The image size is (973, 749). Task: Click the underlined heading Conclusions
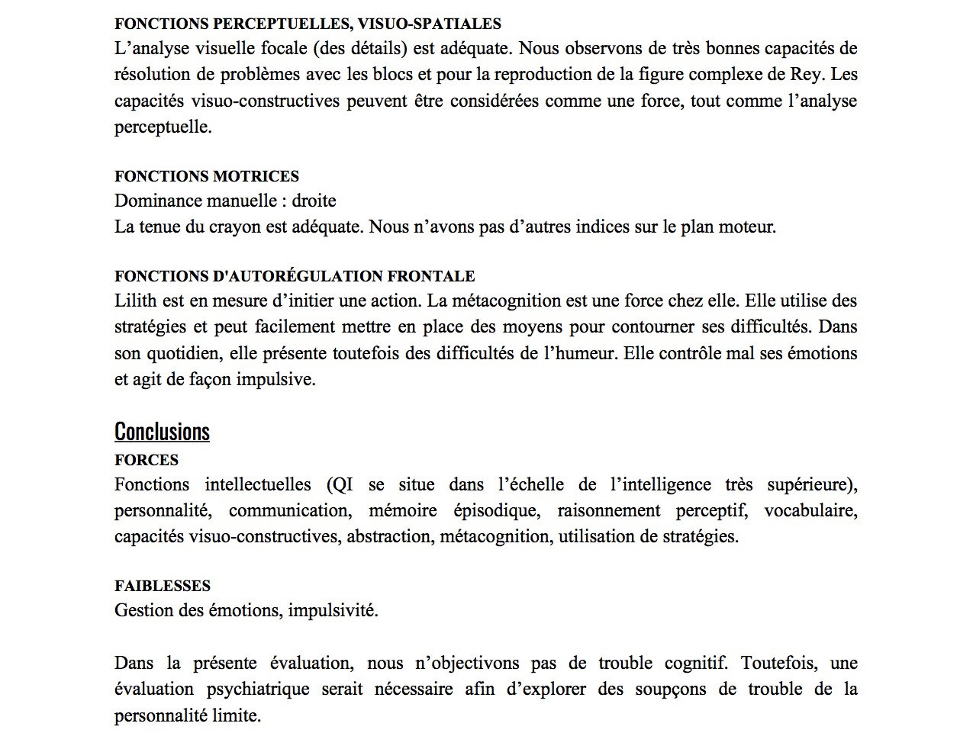pyautogui.click(x=162, y=432)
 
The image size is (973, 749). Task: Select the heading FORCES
pyautogui.click(x=147, y=460)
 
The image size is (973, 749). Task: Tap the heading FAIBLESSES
pyautogui.click(x=163, y=586)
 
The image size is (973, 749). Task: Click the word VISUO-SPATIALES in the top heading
pyautogui.click(x=430, y=24)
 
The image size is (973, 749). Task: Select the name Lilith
pyautogui.click(x=136, y=301)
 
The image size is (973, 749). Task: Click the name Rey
pyautogui.click(x=800, y=74)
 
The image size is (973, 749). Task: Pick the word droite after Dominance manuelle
pyautogui.click(x=314, y=201)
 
